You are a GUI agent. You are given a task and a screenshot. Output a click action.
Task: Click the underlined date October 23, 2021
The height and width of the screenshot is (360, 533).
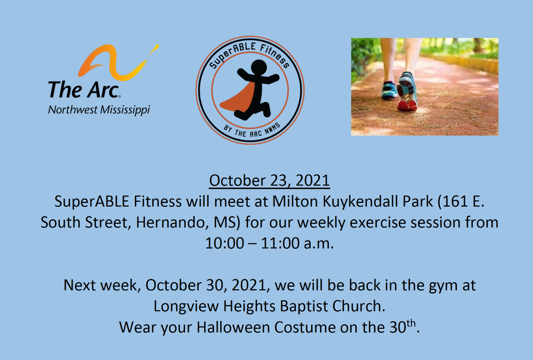tap(269, 181)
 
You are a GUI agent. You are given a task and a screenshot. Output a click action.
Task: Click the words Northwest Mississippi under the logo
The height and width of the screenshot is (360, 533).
tap(99, 110)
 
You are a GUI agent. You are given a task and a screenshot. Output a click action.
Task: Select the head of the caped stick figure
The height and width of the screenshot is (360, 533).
tap(259, 68)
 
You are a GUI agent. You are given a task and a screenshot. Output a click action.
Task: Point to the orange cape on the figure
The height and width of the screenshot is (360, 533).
tap(240, 97)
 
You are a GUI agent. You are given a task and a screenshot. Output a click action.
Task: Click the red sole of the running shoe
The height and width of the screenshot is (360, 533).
tap(407, 105)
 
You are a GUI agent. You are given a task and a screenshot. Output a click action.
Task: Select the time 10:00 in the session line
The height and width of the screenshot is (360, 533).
tap(224, 243)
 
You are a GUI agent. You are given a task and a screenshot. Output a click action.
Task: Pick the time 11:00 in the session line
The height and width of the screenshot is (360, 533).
tap(280, 243)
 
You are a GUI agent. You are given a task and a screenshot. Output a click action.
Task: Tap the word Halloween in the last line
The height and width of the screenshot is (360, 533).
tap(233, 328)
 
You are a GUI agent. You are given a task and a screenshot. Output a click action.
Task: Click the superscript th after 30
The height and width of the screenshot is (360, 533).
tap(411, 323)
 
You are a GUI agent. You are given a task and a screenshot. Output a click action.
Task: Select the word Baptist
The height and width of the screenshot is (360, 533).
tap(304, 306)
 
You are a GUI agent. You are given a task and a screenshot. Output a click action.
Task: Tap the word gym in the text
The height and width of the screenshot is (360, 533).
tap(443, 286)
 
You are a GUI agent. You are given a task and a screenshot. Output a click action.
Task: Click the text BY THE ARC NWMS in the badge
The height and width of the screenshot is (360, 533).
tap(252, 132)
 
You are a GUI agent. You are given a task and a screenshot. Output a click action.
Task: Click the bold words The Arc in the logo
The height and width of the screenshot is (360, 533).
tap(84, 89)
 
